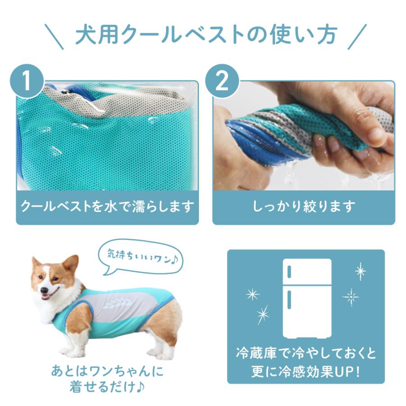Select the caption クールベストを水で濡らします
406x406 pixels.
[107, 207]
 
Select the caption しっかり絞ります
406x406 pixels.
[304, 207]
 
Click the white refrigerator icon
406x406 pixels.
[307, 298]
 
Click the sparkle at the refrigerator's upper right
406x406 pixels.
[360, 271]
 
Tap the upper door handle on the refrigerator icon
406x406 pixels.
[289, 272]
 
